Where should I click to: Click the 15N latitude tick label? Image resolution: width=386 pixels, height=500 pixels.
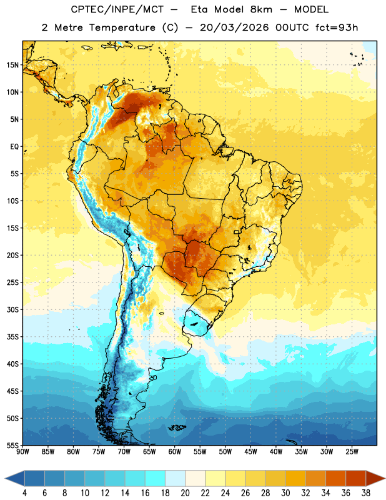point(12,65)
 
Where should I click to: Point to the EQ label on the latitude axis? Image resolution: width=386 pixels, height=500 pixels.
point(14,147)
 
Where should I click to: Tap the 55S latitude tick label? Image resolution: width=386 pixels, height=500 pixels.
point(12,445)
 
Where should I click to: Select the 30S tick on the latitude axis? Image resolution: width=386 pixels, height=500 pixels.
point(12,309)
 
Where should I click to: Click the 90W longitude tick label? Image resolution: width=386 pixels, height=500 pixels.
point(22,452)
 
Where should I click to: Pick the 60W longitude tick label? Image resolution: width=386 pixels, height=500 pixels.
point(175,452)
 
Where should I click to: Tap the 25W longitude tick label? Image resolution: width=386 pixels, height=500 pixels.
point(352,452)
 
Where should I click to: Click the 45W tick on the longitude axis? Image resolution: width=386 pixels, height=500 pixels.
point(250,452)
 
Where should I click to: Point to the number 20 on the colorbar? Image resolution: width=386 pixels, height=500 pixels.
point(185,493)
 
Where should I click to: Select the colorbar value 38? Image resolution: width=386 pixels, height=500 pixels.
point(365,493)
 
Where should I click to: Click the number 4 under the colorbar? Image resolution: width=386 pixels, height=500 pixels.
point(24,493)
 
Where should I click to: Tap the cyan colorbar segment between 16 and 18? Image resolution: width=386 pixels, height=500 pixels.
point(156,479)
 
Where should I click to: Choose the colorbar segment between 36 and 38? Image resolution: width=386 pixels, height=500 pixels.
point(356,479)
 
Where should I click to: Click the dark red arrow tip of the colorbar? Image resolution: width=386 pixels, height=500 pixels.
point(385,479)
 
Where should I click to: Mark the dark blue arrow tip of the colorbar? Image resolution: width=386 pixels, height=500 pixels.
point(6,479)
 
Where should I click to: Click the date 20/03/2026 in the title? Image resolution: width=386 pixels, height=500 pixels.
point(234,27)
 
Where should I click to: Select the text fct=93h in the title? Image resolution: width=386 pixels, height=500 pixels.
point(337,27)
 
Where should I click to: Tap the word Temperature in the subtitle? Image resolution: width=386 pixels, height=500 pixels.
point(122,27)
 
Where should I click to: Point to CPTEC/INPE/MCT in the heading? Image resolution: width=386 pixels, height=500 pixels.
point(117,9)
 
